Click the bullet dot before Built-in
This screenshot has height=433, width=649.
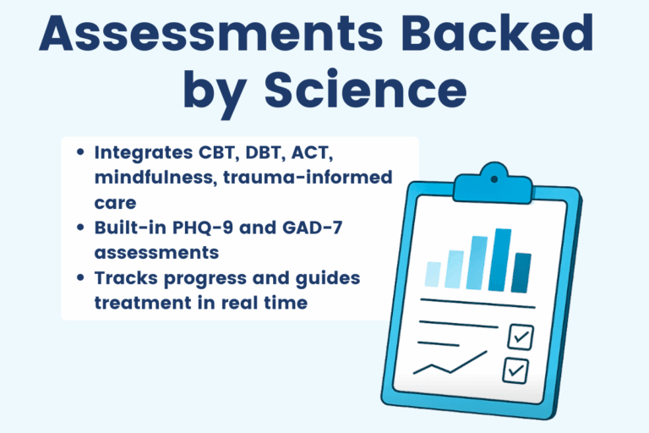[80, 229]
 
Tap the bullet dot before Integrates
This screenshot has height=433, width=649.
[80, 154]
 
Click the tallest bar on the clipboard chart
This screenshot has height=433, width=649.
[502, 260]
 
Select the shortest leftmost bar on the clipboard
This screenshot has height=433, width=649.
[433, 274]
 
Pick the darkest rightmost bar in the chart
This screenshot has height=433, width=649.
[522, 272]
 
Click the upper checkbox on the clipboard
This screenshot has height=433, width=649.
[519, 337]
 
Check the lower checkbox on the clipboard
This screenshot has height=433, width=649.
[515, 370]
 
